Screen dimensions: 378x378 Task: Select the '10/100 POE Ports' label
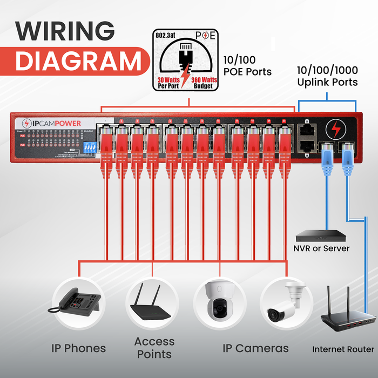pos(247,65)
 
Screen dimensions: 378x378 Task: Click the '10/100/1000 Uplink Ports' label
pos(327,76)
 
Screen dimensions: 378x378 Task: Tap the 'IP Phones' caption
pos(79,348)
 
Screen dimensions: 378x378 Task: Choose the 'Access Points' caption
pos(154,348)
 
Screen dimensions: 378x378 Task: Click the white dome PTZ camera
pos(219,302)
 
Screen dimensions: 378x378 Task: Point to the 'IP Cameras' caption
pos(255,348)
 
